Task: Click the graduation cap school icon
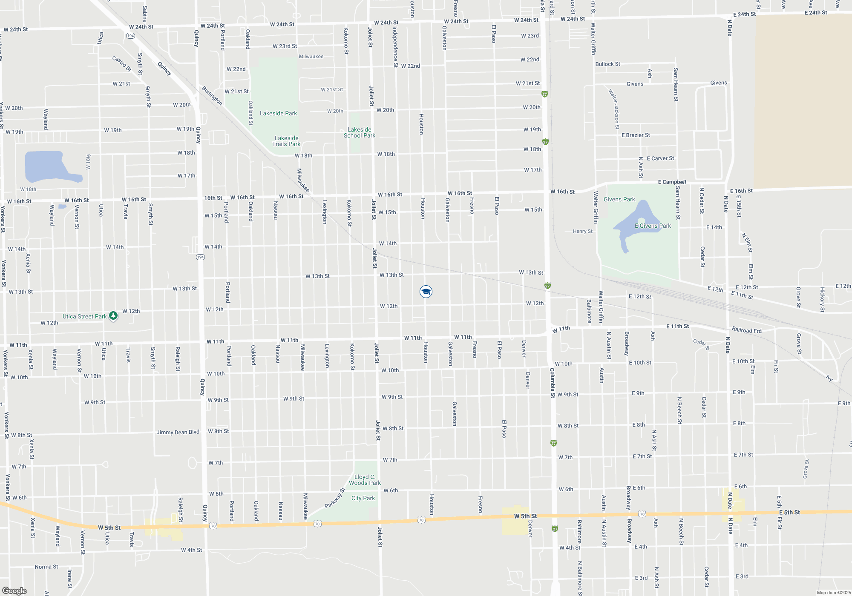coord(426,292)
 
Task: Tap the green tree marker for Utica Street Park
coord(113,316)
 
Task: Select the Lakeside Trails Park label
coord(286,141)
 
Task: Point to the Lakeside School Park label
coord(360,132)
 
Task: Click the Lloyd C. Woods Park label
coord(365,480)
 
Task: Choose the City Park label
coord(363,498)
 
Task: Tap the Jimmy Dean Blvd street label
coord(178,432)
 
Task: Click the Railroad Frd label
coord(746,330)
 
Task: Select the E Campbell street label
coord(672,182)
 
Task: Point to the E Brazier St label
coord(636,135)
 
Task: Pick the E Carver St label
coord(660,158)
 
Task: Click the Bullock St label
coord(607,64)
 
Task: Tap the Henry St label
coord(582,231)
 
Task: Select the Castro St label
coord(122,63)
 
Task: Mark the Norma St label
coord(46,567)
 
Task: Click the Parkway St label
coord(334,498)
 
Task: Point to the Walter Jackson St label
coord(614,109)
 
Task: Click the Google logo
coord(14,591)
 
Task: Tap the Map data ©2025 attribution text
coord(834,593)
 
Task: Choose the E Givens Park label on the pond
coord(653,226)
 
